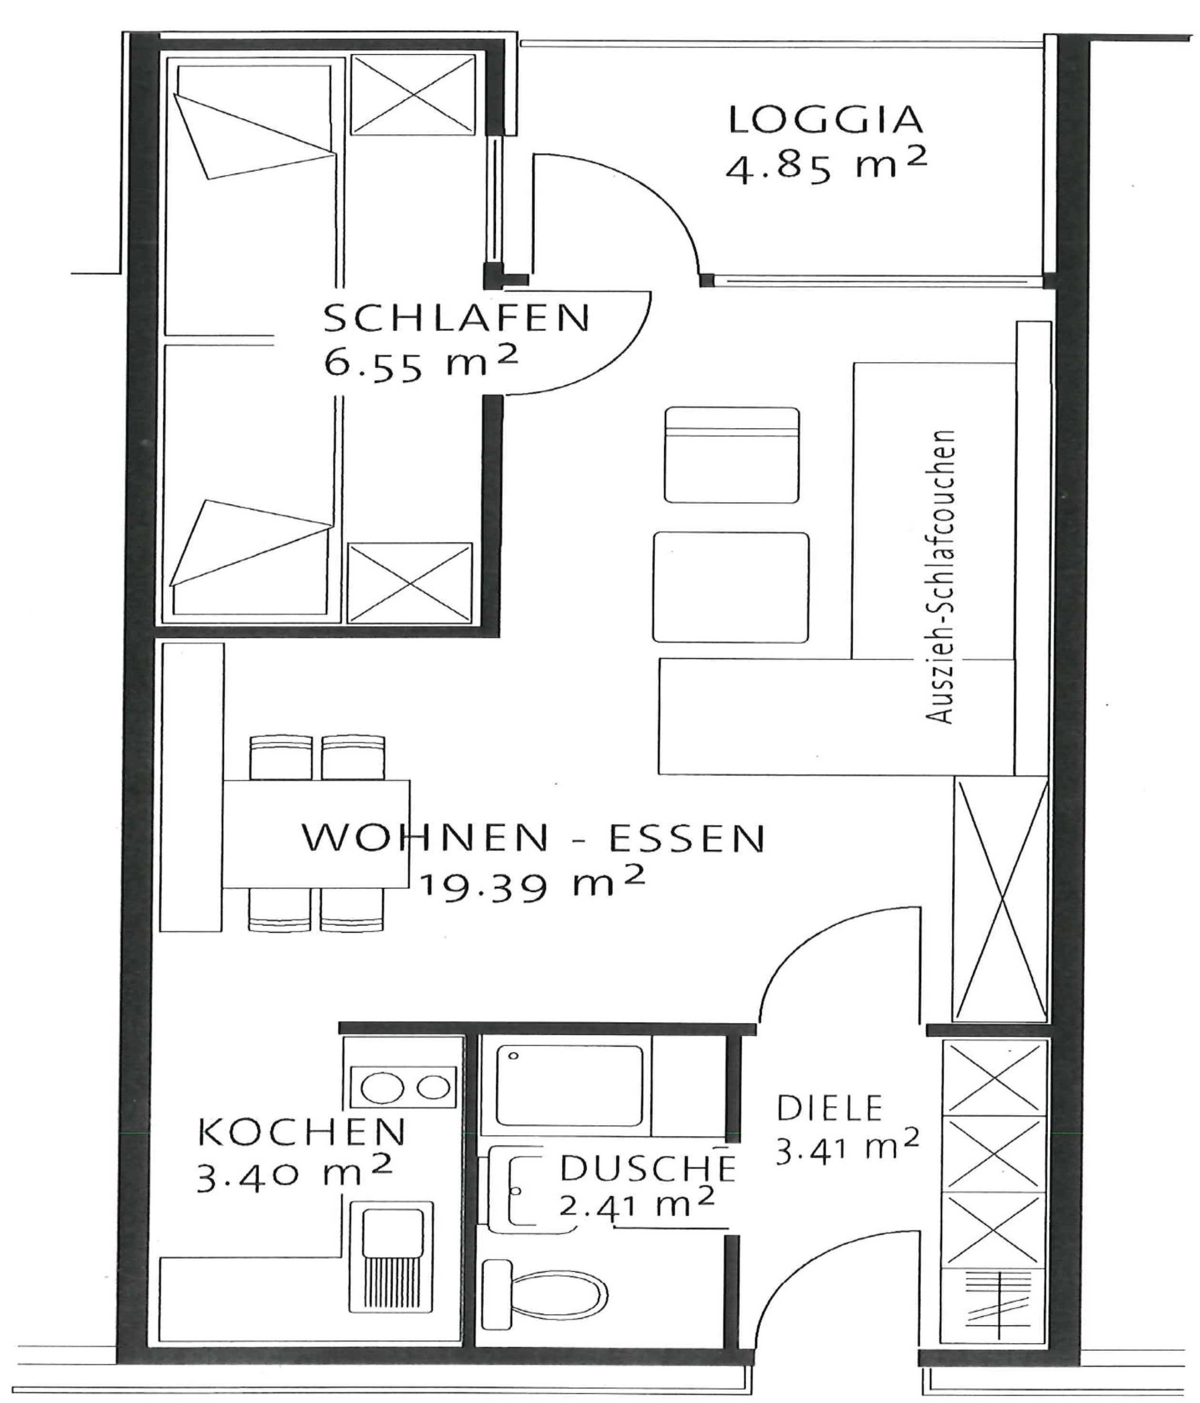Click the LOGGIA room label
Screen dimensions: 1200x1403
tap(826, 120)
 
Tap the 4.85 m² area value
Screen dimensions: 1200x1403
tap(826, 166)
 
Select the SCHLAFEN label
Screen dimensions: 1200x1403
tap(457, 318)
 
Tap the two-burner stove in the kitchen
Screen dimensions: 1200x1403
tap(405, 1087)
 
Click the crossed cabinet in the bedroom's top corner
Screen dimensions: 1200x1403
tap(413, 95)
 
